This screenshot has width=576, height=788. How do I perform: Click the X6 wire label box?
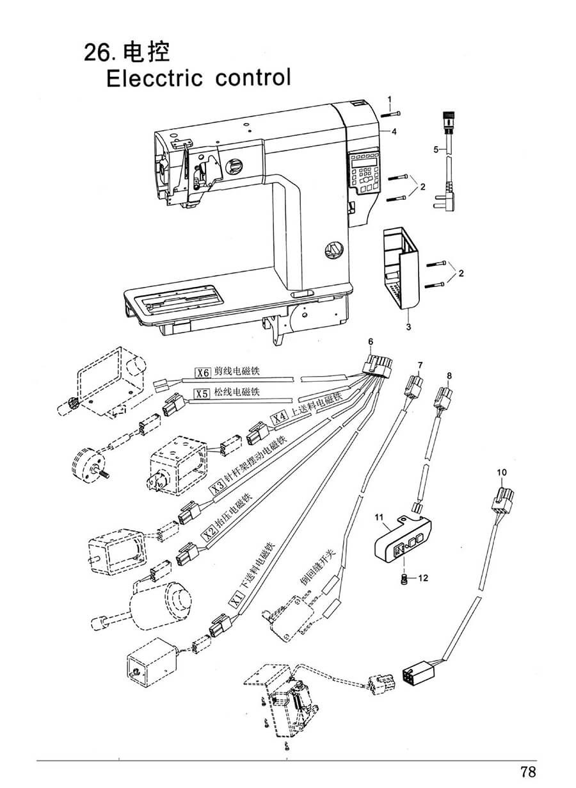[203, 373]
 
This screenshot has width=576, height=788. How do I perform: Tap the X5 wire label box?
[202, 393]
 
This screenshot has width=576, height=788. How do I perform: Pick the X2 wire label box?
[211, 534]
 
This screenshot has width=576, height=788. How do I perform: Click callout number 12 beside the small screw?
[424, 578]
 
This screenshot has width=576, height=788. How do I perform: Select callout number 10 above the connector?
[502, 472]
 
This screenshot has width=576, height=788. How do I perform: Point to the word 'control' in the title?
[253, 78]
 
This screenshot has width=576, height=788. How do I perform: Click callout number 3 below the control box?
[408, 327]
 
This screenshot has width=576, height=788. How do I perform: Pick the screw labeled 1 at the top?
[390, 114]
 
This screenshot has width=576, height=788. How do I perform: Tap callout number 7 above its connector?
[420, 365]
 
